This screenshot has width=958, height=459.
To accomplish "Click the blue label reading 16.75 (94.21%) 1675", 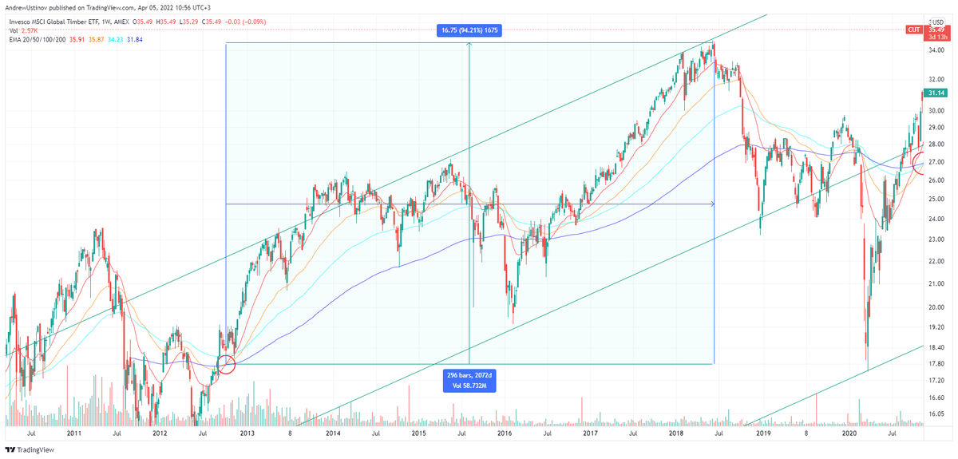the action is (469, 30).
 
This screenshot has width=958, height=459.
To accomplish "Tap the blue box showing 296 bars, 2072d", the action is (469, 380).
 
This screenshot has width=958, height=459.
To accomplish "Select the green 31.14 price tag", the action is (936, 93).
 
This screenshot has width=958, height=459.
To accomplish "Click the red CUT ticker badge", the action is (914, 30).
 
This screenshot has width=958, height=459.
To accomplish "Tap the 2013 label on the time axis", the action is (247, 433).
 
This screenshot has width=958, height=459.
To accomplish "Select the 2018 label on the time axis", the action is (676, 433).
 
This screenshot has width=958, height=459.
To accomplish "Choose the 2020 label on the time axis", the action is (849, 433).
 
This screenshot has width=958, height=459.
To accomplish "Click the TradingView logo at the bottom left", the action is (30, 449).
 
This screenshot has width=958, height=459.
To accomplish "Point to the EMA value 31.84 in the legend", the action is (135, 39).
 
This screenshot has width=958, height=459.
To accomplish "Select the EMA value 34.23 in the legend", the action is (116, 39).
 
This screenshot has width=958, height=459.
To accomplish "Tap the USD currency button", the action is (938, 22).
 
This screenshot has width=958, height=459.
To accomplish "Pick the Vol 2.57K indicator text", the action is (23, 30).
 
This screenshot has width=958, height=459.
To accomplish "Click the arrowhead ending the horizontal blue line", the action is (712, 204).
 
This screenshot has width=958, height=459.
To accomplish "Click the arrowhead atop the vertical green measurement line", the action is (469, 44).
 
